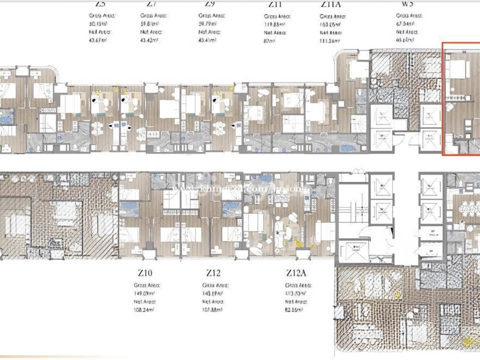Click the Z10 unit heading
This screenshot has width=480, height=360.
(144, 273)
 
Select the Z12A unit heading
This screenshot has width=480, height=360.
(296, 273)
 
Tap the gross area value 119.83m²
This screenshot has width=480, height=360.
(274, 23)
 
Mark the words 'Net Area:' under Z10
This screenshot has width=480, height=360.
(145, 302)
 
